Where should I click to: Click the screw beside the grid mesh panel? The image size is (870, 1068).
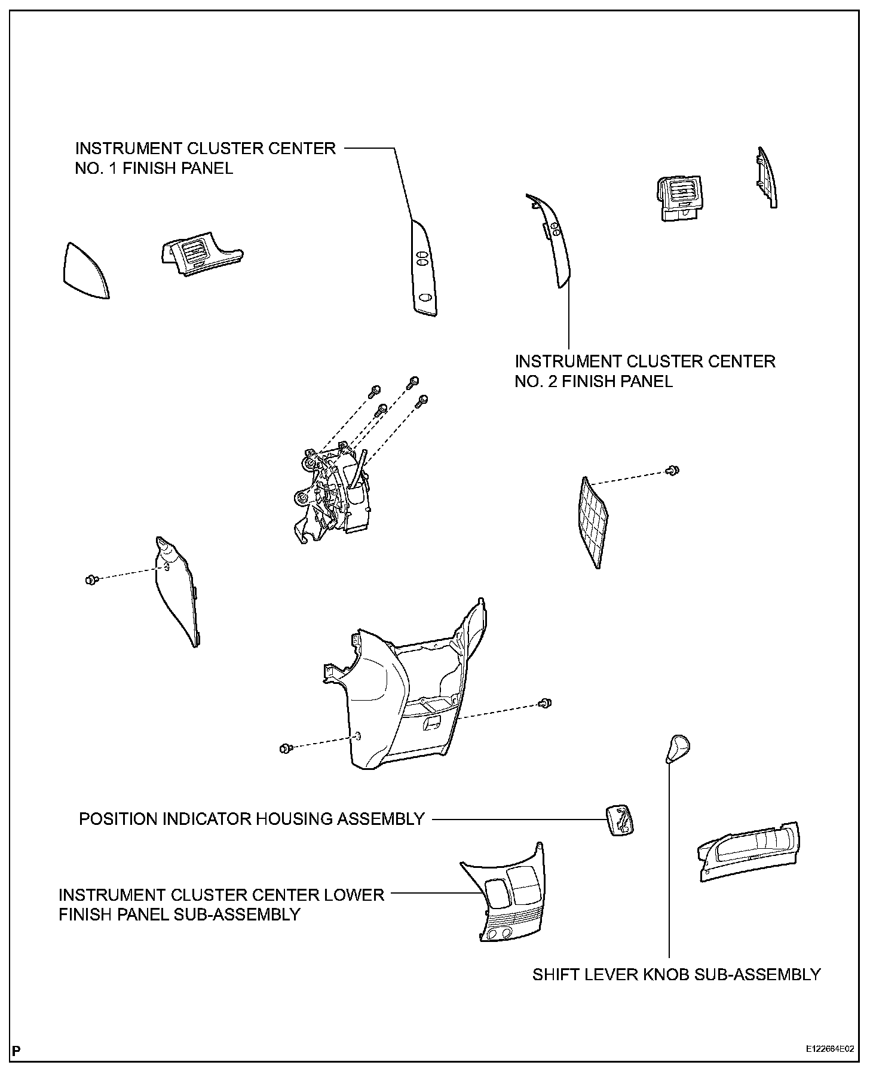[x=673, y=470]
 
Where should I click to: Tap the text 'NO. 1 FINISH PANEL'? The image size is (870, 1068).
[x=154, y=168]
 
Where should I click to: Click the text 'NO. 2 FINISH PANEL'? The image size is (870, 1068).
[x=594, y=381]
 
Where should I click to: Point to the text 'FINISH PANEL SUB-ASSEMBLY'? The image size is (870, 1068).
[x=179, y=914]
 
